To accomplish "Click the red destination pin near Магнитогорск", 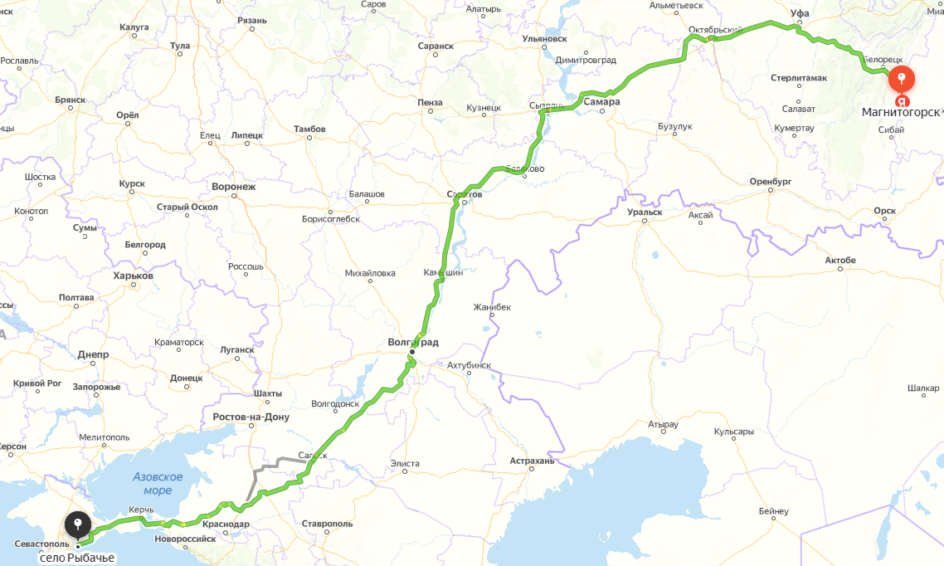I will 902,79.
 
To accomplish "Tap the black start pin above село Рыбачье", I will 78,525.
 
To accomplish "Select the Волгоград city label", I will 413,342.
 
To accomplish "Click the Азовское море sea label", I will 158,483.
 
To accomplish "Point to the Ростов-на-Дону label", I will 251,417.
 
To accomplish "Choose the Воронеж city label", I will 234,187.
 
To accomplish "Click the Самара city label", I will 601,102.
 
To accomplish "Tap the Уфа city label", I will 800,13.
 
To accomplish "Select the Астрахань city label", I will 532,461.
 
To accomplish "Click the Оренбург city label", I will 771,181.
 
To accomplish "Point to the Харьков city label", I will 133,276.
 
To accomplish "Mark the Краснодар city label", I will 225,525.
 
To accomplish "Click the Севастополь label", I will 42,544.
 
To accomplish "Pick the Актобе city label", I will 839,261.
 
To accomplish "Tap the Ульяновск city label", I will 544,38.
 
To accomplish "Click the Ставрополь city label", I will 327,524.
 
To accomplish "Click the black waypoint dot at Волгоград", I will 411,352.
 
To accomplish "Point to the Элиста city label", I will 405,463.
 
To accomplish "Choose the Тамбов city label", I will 309,129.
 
